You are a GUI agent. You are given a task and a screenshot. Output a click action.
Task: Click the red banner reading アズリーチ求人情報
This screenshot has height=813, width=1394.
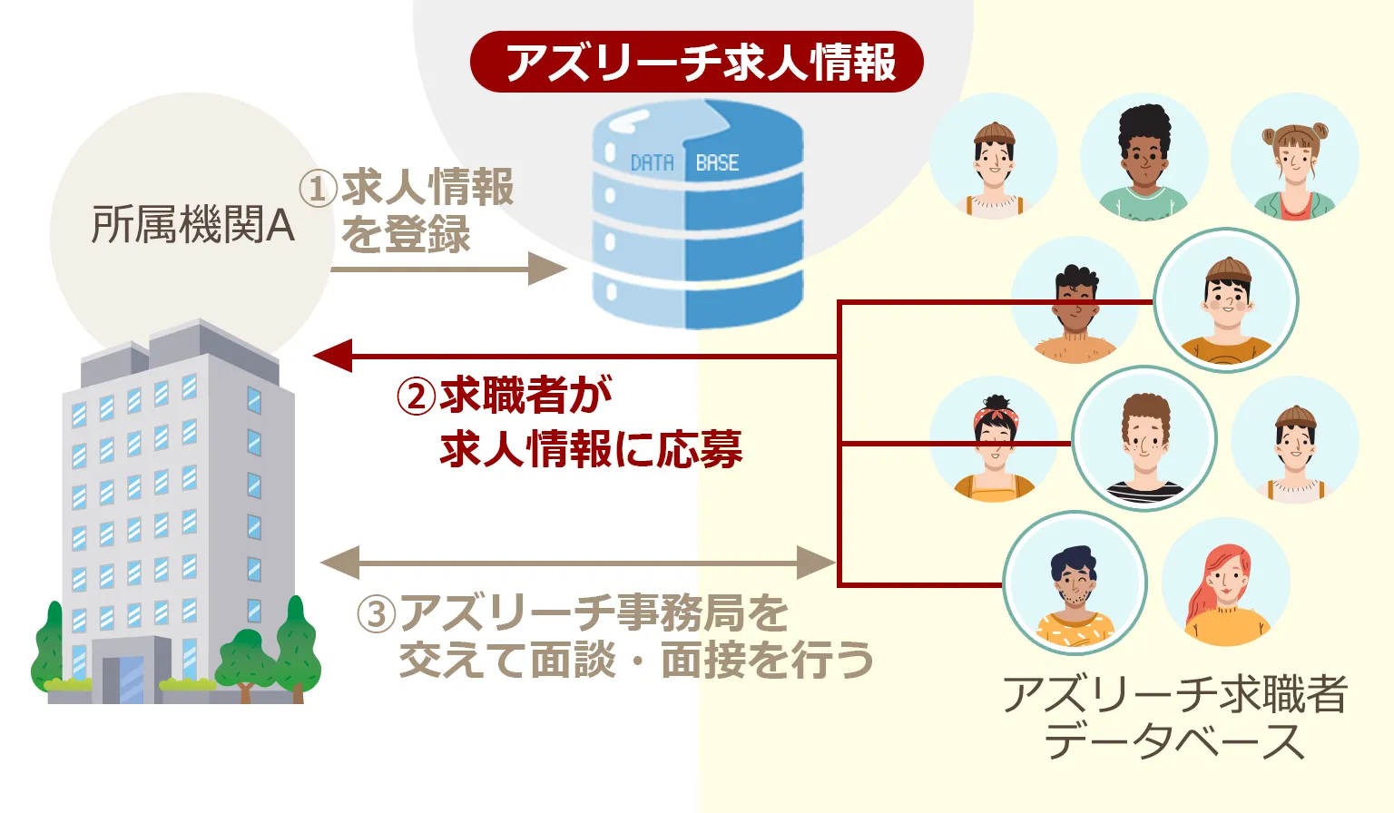pos(696,62)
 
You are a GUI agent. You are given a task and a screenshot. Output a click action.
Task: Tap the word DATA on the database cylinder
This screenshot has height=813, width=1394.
pos(652,163)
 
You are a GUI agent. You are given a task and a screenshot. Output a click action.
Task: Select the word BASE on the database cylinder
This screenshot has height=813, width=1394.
pos(717,163)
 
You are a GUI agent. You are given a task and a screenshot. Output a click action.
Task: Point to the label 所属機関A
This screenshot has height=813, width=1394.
pos(193,224)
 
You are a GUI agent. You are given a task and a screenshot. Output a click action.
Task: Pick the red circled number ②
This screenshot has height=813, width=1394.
pos(417,397)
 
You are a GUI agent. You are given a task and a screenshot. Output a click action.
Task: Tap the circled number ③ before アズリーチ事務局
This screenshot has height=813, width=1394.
pos(377,614)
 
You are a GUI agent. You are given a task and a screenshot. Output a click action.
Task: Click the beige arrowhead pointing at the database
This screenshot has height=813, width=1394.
pos(546,269)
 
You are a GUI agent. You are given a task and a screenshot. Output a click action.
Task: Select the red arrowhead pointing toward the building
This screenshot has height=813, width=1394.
pos(332,356)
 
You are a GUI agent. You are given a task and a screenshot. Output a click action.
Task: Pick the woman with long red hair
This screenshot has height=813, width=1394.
pos(1225,585)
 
